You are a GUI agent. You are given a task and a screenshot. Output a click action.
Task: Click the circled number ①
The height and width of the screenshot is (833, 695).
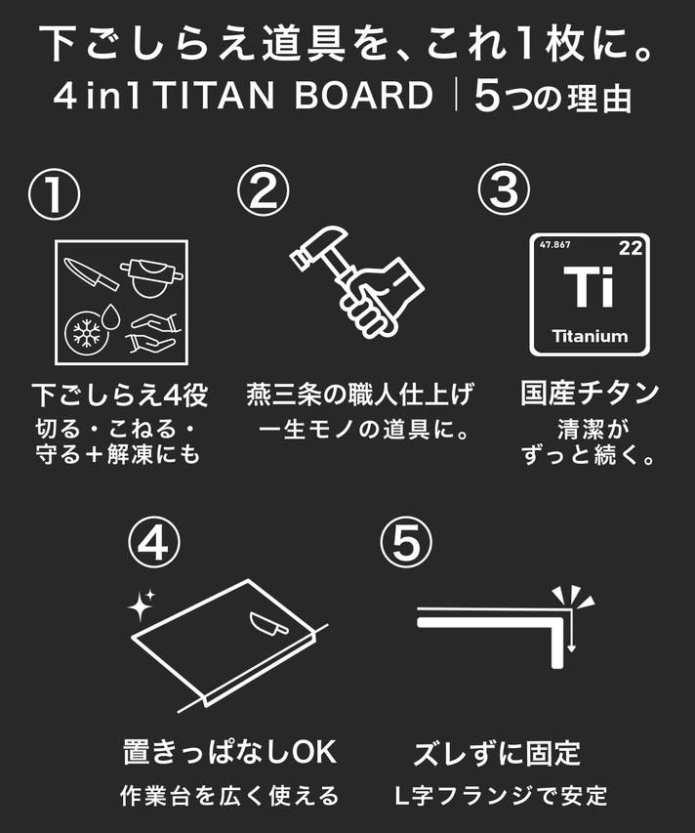(54, 194)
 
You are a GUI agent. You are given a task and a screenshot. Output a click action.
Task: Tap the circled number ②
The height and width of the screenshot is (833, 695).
(263, 190)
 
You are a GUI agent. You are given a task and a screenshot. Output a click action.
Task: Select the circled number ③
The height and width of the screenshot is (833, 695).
(504, 189)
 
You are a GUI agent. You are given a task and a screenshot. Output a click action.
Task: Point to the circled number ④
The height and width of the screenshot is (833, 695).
(154, 543)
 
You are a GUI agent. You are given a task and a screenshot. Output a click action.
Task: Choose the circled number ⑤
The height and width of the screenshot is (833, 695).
(406, 543)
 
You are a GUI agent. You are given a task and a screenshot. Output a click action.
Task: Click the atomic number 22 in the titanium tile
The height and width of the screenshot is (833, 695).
(630, 248)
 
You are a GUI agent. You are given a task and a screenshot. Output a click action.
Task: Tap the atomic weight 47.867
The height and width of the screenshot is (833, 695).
(554, 244)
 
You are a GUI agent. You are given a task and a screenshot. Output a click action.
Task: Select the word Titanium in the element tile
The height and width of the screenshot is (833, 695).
(590, 336)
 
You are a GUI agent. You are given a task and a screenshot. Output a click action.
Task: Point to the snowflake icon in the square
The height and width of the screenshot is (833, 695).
(86, 333)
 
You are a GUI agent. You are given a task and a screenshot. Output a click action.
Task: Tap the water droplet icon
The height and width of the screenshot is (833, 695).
(111, 316)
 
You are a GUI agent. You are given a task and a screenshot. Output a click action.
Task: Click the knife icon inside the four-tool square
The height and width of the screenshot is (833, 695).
(91, 273)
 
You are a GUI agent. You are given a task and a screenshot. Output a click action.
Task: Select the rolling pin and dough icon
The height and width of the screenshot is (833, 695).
(152, 277)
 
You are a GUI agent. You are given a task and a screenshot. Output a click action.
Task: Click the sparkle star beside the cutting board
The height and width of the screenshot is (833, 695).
(142, 605)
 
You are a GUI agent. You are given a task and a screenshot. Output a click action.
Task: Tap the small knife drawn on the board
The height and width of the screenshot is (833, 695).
(269, 624)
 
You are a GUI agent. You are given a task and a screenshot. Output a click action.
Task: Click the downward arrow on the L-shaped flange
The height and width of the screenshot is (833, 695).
(571, 631)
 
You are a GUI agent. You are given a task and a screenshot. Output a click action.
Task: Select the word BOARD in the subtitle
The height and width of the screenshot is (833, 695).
(364, 96)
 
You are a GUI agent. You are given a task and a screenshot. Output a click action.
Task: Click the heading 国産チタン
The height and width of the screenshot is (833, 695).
(590, 394)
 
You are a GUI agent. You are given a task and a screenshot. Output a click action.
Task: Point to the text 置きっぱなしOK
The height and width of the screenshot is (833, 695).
(229, 752)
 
